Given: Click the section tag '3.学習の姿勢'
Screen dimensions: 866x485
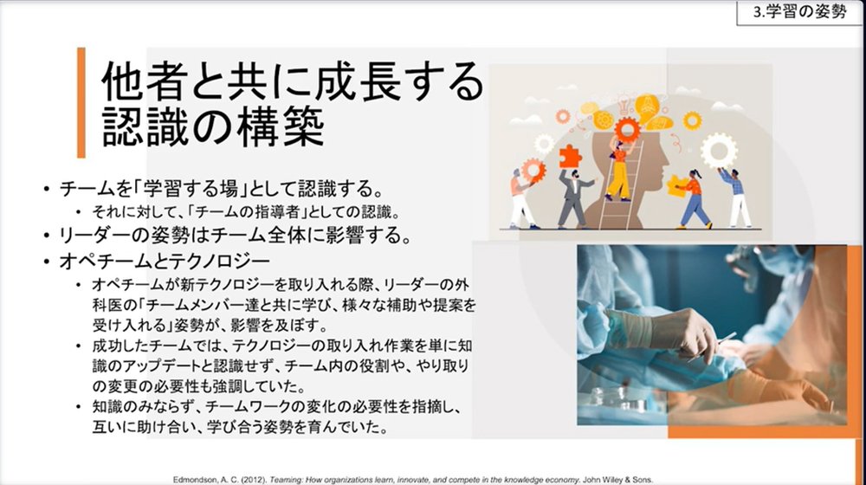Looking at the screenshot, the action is coord(799,12).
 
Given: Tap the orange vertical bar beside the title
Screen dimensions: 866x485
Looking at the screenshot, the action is coord(81,103).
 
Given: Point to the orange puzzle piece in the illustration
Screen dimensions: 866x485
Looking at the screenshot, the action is coord(571,157).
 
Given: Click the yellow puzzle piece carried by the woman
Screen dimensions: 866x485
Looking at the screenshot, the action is coord(677,186).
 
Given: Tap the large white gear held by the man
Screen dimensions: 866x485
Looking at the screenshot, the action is coord(719,150).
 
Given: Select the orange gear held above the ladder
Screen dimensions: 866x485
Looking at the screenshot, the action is coord(627,131).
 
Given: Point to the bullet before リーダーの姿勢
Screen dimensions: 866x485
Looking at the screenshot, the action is coord(47,236).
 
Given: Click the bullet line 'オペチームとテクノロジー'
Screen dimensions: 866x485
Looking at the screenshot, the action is coord(165,261).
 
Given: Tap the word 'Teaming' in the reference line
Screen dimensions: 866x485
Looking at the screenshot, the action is coord(286,480).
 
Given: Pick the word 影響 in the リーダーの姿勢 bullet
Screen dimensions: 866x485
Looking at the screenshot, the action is coord(332,236).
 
